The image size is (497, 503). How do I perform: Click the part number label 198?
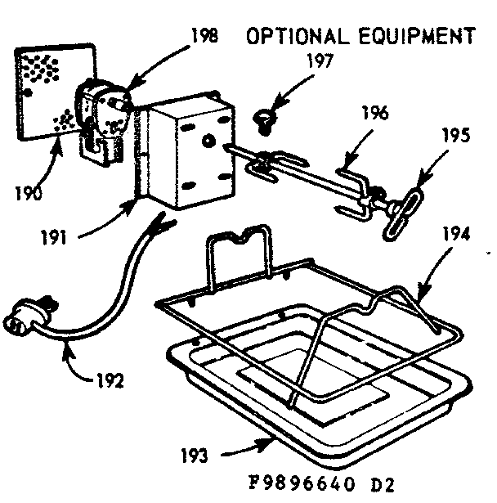coord(204,38)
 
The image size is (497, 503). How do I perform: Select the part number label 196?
coord(377,113)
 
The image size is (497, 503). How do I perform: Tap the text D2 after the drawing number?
coord(381,483)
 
